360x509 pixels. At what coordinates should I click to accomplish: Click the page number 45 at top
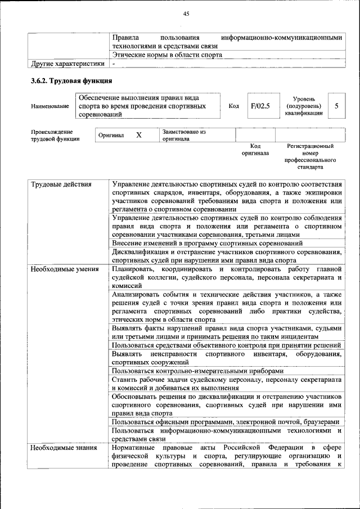pos(186,14)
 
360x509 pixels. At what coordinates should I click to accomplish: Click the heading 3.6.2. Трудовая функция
pos(71,80)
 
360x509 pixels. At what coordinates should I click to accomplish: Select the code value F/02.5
pos(260,106)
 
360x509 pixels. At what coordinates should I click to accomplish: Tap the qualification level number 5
pos(336,106)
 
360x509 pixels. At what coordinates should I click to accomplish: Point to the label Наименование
pos(51,106)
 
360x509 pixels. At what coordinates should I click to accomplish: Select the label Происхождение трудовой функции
pos(55,136)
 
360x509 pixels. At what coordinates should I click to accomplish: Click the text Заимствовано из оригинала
pos(184,136)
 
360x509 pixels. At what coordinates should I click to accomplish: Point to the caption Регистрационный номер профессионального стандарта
pos(310,156)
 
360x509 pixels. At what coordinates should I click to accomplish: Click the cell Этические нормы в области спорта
pos(167,55)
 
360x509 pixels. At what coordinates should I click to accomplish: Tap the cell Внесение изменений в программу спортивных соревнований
pos(208,244)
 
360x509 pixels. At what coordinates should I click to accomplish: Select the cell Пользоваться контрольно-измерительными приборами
pos(195,371)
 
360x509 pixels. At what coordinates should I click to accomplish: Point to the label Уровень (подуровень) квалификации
pos(304,106)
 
